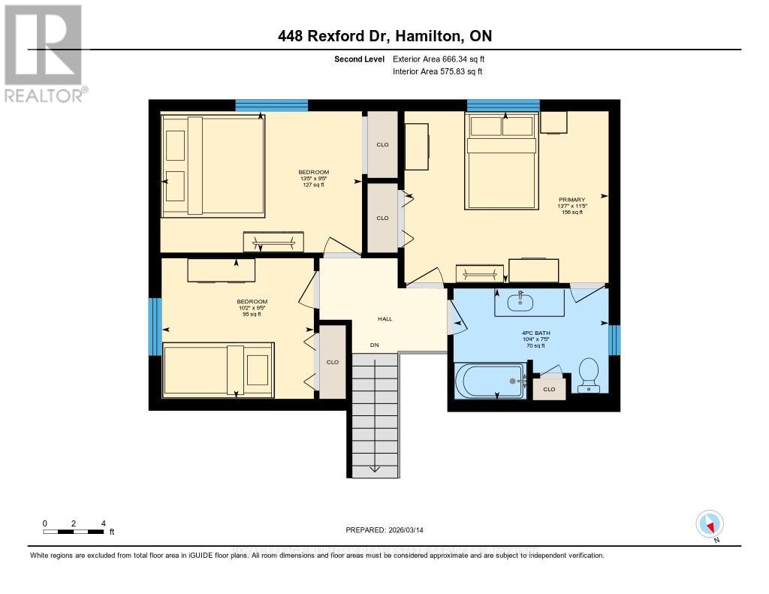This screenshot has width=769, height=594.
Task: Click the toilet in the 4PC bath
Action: (x=588, y=373)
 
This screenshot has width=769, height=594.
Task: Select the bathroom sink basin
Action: (x=520, y=302)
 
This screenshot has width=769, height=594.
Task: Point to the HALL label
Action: (x=384, y=319)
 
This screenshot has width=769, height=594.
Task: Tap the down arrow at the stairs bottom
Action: (x=374, y=469)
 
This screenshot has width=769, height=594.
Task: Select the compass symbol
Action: (x=709, y=524)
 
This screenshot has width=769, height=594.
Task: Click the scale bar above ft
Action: (x=73, y=532)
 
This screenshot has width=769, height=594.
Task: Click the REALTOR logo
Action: (x=43, y=53)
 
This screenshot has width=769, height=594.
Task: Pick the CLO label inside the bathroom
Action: (x=549, y=389)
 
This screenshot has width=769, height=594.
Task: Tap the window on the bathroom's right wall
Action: (x=614, y=339)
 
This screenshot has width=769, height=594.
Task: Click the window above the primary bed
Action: (x=503, y=105)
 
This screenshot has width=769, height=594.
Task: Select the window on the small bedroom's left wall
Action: (x=155, y=327)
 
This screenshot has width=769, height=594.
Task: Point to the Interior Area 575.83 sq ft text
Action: (x=437, y=71)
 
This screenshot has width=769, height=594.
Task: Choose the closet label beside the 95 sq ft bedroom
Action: (x=333, y=362)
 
